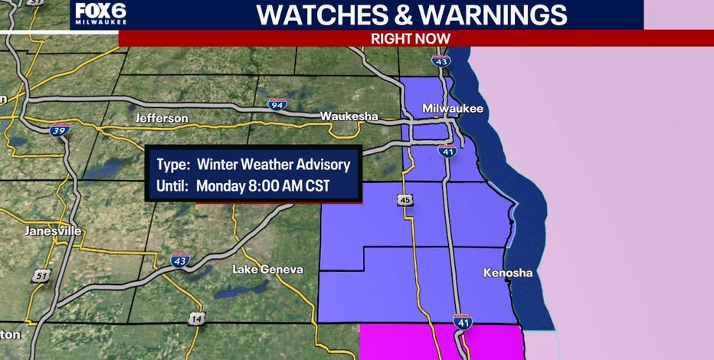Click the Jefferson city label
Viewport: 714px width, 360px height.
(161, 118)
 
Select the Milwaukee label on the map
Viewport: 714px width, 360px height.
(453, 109)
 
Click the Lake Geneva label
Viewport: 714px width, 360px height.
(267, 269)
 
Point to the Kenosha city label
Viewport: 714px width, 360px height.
(507, 273)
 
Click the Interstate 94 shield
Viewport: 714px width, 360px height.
(277, 104)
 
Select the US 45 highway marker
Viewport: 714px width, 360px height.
(404, 200)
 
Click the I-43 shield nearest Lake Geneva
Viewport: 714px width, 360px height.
(180, 260)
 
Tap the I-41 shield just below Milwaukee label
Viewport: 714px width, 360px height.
(448, 151)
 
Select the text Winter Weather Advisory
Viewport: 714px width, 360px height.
(273, 164)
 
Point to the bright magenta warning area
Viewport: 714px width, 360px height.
(441, 342)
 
